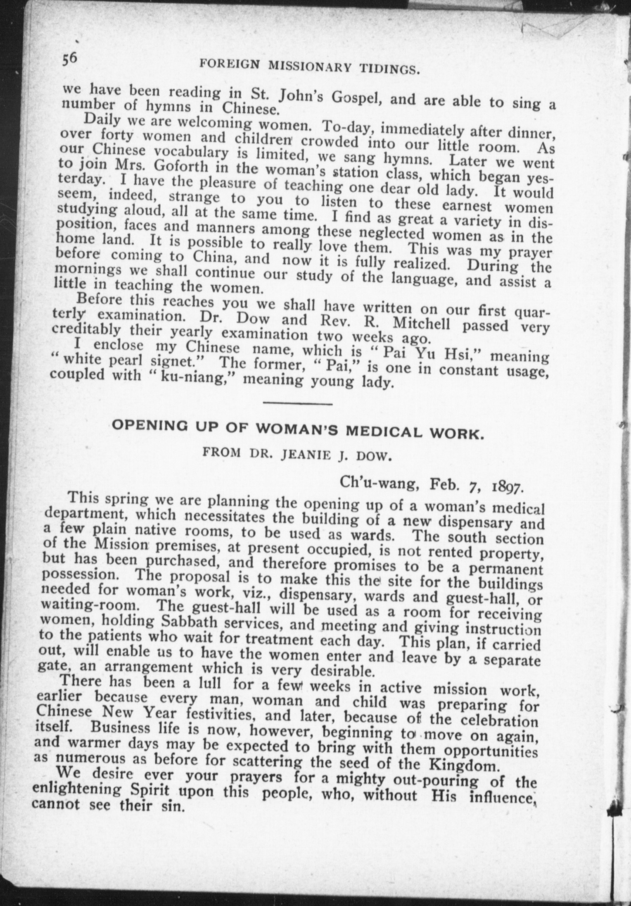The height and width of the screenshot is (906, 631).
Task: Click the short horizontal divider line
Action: click(297, 403)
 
